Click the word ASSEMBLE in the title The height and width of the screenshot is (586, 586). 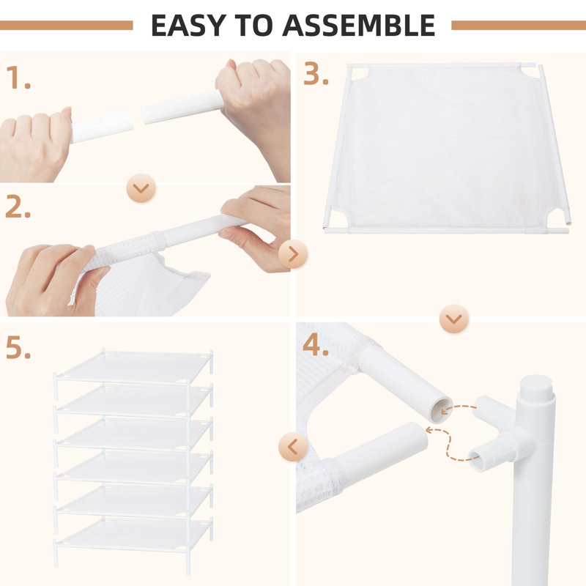[360, 25]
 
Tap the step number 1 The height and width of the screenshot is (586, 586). [18, 78]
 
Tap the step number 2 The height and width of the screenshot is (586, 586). [18, 208]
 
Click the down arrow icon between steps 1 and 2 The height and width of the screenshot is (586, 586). [141, 188]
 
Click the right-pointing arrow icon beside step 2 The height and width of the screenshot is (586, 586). [293, 255]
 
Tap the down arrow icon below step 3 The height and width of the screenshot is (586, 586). [454, 319]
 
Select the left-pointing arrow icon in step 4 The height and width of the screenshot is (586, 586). [293, 446]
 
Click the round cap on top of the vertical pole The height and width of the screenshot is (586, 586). [537, 386]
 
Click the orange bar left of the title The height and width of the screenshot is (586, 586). [66, 25]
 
